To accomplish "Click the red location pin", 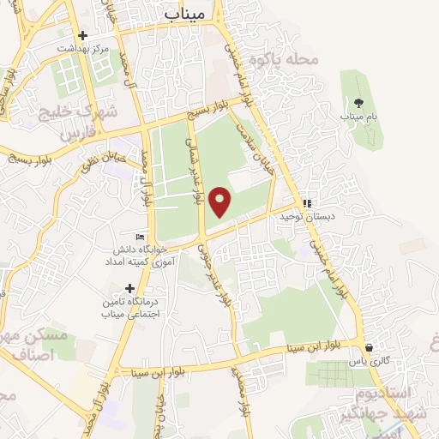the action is (221, 201).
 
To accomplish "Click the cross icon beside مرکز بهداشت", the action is (83, 35).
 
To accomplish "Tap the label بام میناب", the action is (357, 116).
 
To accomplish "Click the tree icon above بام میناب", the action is (357, 101).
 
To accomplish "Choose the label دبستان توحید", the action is (304, 217).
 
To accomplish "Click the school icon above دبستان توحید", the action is (306, 203).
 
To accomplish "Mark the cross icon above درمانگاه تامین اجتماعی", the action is (129, 289).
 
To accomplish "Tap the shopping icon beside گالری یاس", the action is (369, 348).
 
